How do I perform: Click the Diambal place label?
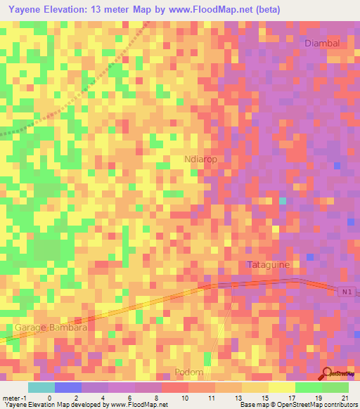[x=322, y=43]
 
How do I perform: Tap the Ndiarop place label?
[x=200, y=160]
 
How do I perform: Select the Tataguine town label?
[x=269, y=264]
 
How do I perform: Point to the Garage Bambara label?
[x=51, y=327]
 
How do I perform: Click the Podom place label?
[x=189, y=372]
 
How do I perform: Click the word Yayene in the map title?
[x=26, y=9]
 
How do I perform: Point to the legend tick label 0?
[x=49, y=398]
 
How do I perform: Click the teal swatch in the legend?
[x=41, y=387]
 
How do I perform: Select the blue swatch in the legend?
[x=68, y=387]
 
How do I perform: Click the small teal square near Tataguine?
[x=283, y=201]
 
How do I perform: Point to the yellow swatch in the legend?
[x=282, y=387]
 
